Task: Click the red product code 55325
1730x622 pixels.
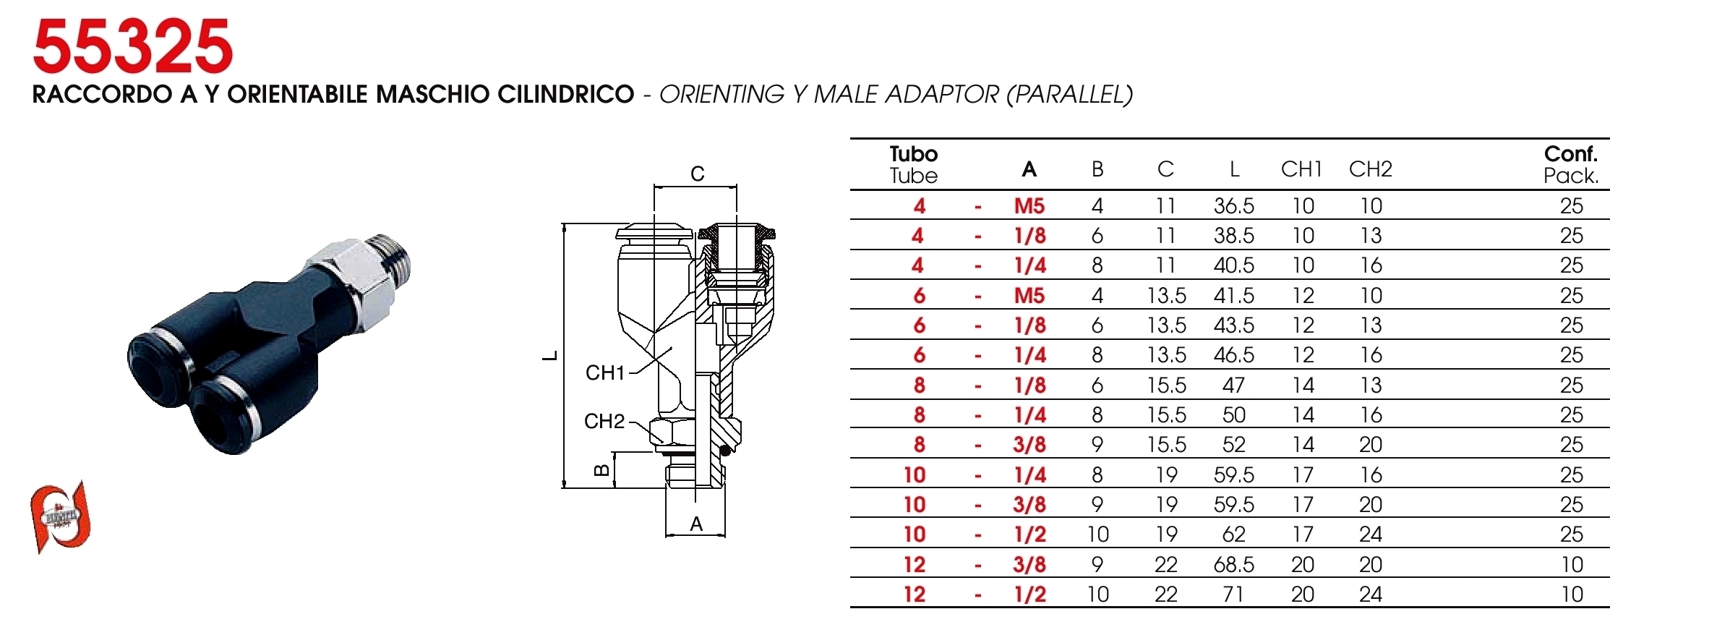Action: [x=133, y=47]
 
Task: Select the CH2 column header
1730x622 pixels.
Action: [x=1370, y=169]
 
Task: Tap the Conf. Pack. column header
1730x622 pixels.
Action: [x=1570, y=165]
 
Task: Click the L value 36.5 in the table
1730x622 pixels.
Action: [x=1233, y=206]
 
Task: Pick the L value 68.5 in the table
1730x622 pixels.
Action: [x=1233, y=565]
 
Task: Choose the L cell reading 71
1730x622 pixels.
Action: [x=1233, y=595]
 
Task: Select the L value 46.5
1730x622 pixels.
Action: [x=1233, y=355]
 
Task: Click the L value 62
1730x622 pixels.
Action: [x=1233, y=534]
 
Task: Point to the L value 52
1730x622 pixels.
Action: [x=1233, y=445]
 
